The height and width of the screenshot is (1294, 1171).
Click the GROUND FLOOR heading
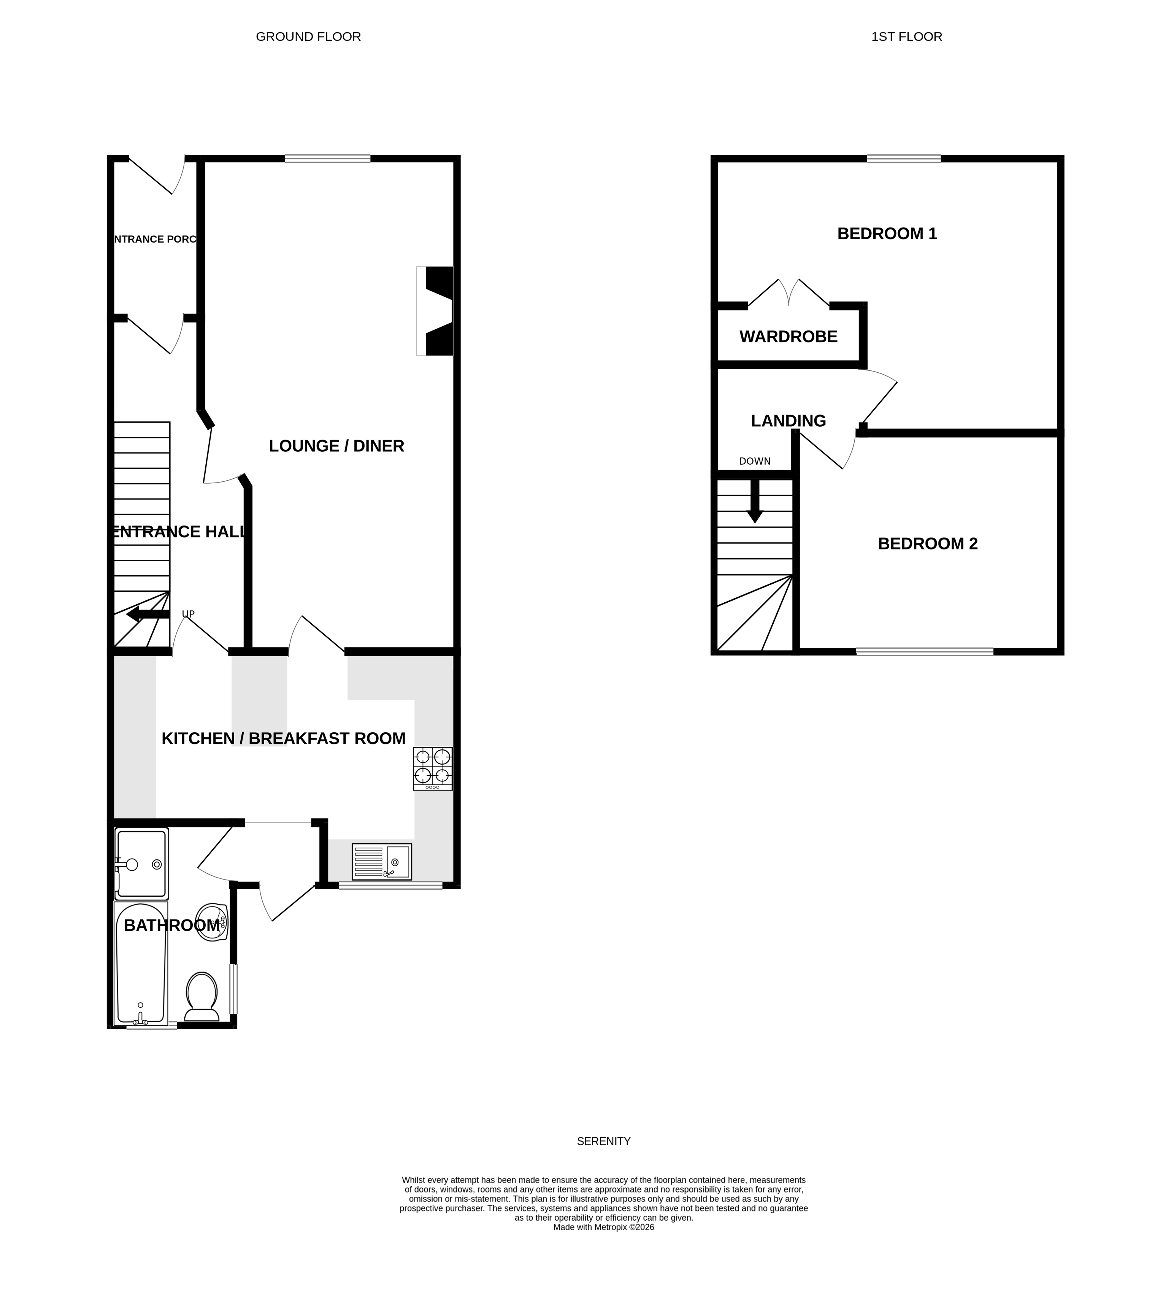308,37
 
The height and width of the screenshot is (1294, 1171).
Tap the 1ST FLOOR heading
906,37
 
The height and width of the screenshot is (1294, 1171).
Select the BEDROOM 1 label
887,233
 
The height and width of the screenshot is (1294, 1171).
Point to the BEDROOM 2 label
927,544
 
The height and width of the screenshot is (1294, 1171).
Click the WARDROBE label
788,337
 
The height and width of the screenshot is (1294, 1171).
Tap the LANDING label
788,421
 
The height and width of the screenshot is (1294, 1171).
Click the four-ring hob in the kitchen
432,768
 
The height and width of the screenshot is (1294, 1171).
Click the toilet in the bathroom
202,997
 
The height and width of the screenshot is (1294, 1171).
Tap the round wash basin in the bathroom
212,922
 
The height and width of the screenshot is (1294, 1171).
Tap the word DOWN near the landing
755,461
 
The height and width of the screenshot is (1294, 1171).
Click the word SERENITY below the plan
603,1141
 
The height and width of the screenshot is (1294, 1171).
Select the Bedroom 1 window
903,159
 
